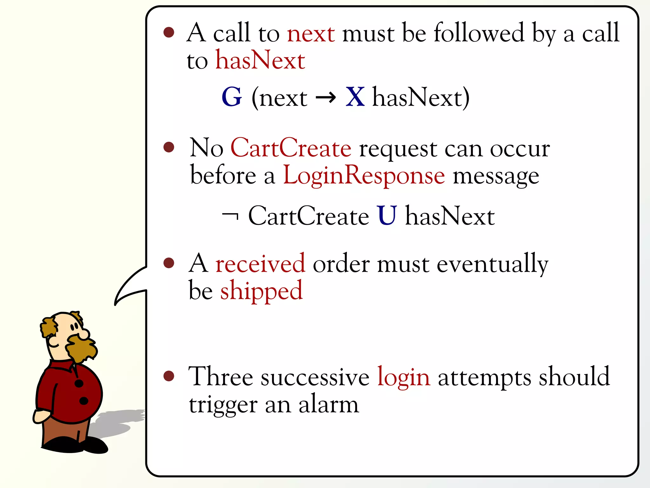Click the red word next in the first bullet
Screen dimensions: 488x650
[311, 34]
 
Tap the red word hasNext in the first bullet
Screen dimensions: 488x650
[260, 60]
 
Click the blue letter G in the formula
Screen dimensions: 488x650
[232, 97]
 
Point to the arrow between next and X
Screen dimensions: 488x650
[326, 98]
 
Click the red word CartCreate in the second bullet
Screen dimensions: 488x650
[291, 148]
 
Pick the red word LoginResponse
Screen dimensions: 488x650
[364, 176]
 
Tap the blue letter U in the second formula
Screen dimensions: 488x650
[387, 216]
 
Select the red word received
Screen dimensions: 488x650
[260, 264]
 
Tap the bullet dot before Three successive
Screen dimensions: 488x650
[169, 376]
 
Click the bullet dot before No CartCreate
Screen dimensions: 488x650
[169, 147]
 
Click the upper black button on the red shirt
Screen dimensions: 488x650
[79, 383]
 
